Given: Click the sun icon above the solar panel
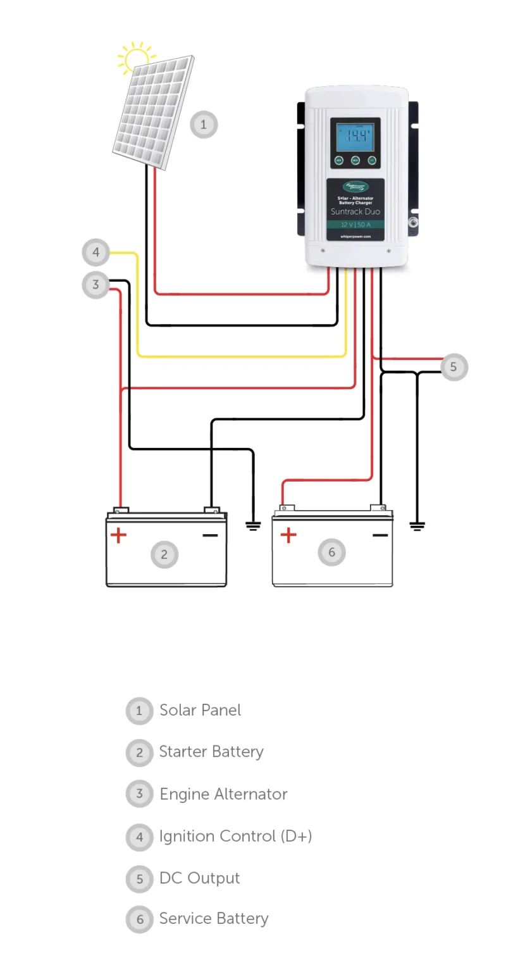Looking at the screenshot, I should pyautogui.click(x=136, y=59).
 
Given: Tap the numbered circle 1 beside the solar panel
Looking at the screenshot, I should pyautogui.click(x=204, y=125).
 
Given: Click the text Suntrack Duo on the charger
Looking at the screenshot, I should pyautogui.click(x=355, y=211).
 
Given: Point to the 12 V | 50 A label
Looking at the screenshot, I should pyautogui.click(x=355, y=225).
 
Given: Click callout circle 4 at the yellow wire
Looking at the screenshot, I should pyautogui.click(x=96, y=252).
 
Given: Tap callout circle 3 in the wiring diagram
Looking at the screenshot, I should pyautogui.click(x=96, y=284).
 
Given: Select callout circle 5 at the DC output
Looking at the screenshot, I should pyautogui.click(x=454, y=367).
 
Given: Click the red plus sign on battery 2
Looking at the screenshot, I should pyautogui.click(x=118, y=535).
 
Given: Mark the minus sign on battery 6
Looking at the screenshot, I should pyautogui.click(x=380, y=535).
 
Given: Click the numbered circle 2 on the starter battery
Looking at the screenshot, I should pyautogui.click(x=164, y=555).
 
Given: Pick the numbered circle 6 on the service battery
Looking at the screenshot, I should pyautogui.click(x=331, y=552).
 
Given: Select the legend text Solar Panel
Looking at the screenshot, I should pyautogui.click(x=200, y=710).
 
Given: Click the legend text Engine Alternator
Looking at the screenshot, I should pyautogui.click(x=223, y=794).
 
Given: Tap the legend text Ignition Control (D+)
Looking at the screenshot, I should pyautogui.click(x=235, y=836).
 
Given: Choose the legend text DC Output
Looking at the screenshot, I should pyautogui.click(x=199, y=878).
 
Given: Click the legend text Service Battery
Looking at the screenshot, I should pyautogui.click(x=214, y=919).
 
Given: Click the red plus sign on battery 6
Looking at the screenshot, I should pyautogui.click(x=288, y=535).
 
